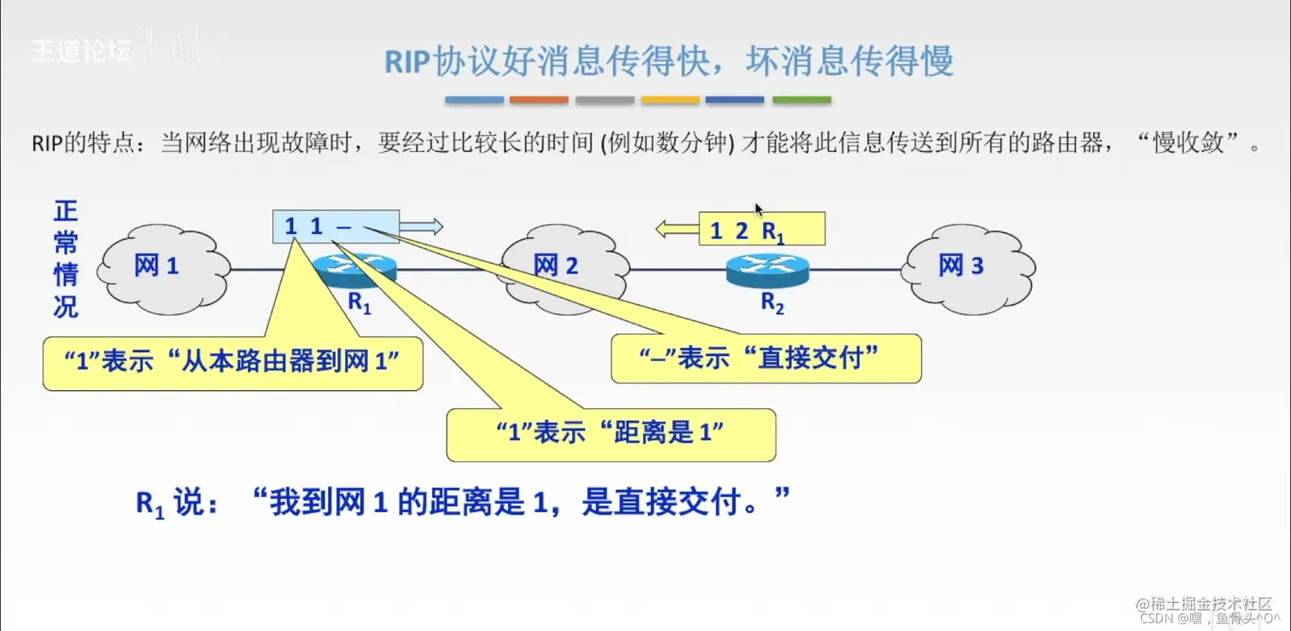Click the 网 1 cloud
pos(162,267)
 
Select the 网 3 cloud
pos(968,266)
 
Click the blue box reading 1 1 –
pos(336,226)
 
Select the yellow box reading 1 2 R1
pos(762,230)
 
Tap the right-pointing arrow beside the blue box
pos(422,226)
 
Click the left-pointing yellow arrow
pos(677,229)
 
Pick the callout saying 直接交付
pos(766,358)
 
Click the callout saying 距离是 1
pos(610,434)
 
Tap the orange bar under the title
pos(539,100)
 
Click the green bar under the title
pos(802,100)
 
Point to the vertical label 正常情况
pos(66,259)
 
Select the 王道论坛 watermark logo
pos(82,50)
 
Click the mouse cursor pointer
pos(759,209)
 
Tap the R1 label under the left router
pos(359,303)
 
